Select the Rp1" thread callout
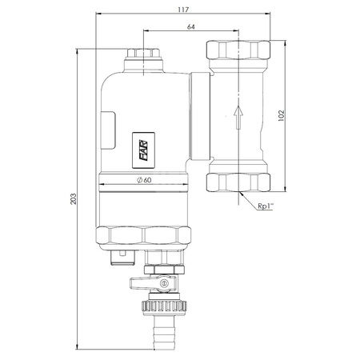pyautogui.click(x=266, y=206)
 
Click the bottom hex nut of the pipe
pyautogui.click(x=238, y=184)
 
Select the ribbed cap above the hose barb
pyautogui.click(x=165, y=305)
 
